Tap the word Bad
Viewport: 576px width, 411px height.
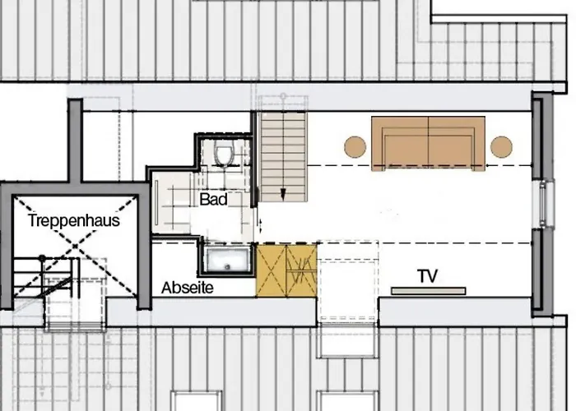tap(213, 199)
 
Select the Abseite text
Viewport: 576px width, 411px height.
tap(188, 288)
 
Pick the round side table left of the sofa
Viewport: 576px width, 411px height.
tap(355, 146)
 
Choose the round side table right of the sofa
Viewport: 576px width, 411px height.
tap(501, 146)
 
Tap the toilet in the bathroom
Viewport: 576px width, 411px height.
tap(223, 154)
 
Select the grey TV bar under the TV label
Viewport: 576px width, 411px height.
tap(428, 290)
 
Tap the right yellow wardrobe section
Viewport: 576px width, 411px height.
tap(302, 269)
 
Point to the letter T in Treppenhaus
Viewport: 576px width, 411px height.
tap(31, 220)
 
